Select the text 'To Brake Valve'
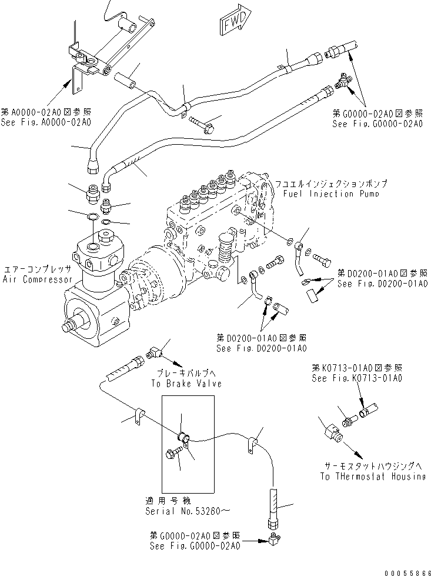(186, 383)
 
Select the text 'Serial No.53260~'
(183, 511)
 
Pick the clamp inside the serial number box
(184, 437)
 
